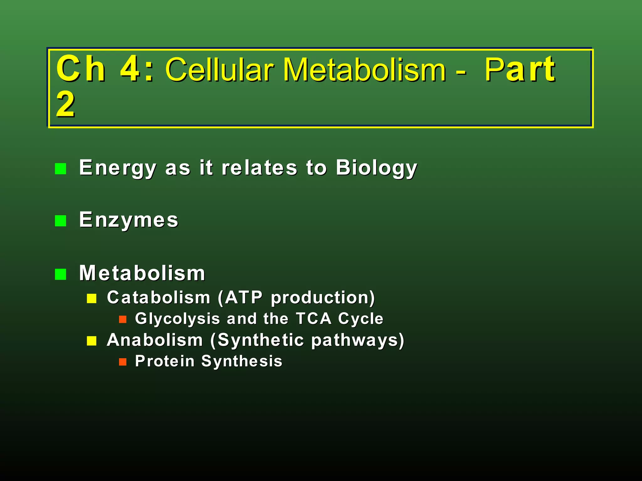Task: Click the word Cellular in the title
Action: pos(219,70)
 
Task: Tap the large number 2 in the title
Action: pos(66,105)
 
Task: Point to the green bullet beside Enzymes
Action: pos(61,221)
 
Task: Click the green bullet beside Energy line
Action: pos(61,169)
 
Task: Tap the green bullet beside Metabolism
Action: pos(61,274)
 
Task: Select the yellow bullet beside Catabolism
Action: pos(92,298)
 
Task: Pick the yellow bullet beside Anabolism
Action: pos(92,341)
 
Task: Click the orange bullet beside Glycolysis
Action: pos(123,319)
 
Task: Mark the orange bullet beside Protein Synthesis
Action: pos(123,362)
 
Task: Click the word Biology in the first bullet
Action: pos(376,168)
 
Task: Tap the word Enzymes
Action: pos(129,220)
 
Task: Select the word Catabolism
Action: pos(158,297)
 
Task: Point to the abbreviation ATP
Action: pos(244,297)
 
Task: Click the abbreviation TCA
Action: pos(314,319)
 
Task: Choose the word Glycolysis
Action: pos(177,319)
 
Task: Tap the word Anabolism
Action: pos(155,340)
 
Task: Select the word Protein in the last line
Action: pos(165,361)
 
